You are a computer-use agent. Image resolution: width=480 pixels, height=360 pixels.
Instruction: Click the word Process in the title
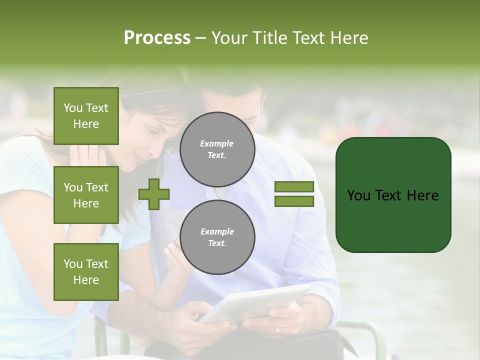pos(157,38)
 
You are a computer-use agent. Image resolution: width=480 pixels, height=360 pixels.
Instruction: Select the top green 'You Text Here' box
pos(86,116)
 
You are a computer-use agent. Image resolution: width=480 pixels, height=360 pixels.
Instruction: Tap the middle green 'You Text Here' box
pos(86,195)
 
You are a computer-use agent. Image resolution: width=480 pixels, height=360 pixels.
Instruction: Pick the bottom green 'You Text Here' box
pos(86,271)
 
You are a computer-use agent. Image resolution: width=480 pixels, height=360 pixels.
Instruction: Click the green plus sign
pos(154,194)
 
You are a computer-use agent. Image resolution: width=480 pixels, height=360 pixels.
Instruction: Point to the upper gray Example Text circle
pos(217,149)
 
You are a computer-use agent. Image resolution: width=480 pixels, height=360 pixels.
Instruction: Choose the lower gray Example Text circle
pos(217,237)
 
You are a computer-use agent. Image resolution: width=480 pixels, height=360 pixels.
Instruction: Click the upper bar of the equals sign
pos(294,186)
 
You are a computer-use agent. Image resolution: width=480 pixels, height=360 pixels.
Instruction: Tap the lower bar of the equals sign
pos(294,201)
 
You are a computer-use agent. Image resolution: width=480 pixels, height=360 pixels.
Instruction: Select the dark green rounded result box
pos(393,194)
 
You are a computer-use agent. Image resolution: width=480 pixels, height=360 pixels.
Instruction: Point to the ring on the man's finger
pos(278,330)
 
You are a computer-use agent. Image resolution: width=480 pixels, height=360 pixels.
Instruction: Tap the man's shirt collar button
pos(220,194)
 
